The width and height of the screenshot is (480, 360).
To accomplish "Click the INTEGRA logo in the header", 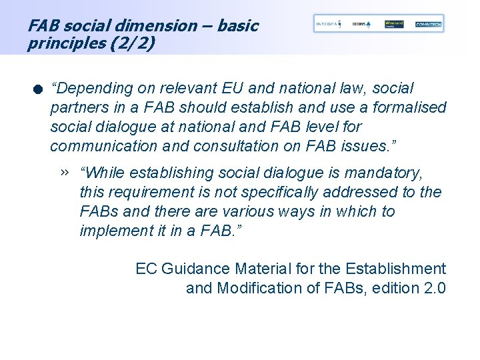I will click(328, 24).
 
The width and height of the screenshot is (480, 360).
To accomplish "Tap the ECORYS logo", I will click(362, 24).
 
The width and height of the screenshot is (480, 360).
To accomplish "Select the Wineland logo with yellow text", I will click(395, 24).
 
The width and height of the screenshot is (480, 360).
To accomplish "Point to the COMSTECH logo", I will click(428, 24).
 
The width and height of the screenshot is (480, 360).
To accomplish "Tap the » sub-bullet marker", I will click(64, 172).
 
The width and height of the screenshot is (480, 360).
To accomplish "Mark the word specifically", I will click(295, 192).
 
